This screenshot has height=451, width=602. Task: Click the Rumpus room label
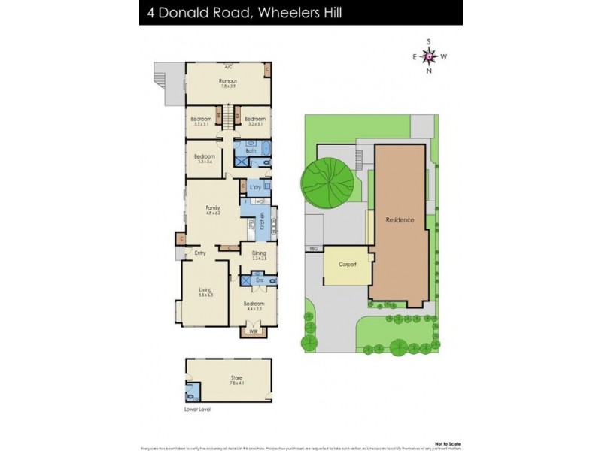coord(228,80)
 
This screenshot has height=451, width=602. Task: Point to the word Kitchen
coord(261,221)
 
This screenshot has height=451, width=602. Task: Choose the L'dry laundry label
coord(254,186)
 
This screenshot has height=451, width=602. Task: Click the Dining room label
coord(258,253)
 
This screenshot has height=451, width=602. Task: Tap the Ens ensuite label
coord(259,280)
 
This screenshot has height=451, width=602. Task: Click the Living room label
coord(205,289)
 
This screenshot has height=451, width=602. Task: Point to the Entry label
coord(200,253)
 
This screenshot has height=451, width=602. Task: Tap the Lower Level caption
coord(197,410)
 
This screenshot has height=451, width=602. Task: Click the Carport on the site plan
coord(347,265)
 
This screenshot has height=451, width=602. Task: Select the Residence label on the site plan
coord(400,220)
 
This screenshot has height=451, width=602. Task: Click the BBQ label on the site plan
coord(312,247)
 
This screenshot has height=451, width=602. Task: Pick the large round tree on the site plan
coord(325,183)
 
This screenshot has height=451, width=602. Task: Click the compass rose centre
coord(429,56)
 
